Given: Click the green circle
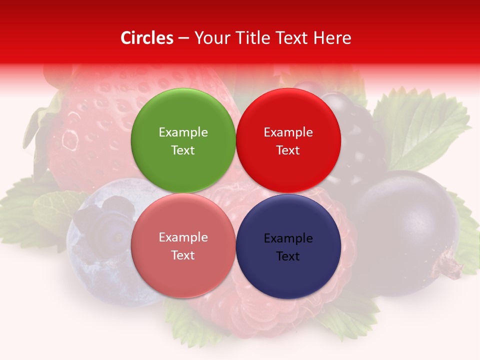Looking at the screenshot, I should (x=183, y=140).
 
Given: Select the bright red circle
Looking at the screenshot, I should (x=288, y=140).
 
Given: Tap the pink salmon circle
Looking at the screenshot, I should (x=183, y=245).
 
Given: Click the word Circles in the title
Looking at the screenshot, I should (x=147, y=38).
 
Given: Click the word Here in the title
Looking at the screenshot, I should (x=333, y=38).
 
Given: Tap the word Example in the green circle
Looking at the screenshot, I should (x=183, y=132).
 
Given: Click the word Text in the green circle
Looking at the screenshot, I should (x=183, y=150).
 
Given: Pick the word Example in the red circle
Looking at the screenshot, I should (x=288, y=132).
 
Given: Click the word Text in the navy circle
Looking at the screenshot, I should (x=288, y=256).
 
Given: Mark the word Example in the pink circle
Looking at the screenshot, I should (x=183, y=237).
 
